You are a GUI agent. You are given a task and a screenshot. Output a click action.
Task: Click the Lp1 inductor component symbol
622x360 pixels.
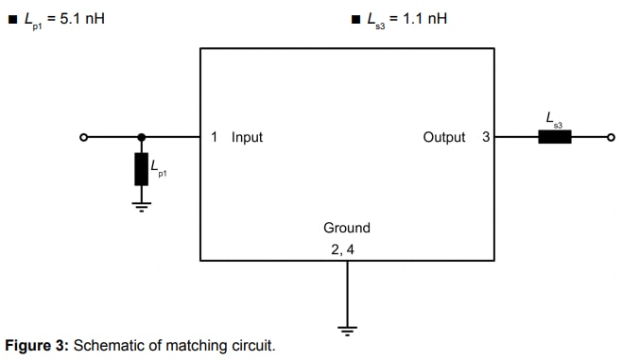coord(142,169)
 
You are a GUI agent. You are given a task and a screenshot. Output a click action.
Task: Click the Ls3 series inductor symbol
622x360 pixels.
coord(555,137)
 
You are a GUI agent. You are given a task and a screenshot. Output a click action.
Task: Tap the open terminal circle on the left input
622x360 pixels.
coord(83,137)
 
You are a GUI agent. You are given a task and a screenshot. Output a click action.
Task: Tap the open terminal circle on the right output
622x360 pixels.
coord(610,137)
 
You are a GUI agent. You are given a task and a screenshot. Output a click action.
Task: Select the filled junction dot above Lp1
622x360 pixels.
coord(142,137)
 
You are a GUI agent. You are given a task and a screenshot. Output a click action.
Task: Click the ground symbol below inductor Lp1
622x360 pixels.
coord(142,206)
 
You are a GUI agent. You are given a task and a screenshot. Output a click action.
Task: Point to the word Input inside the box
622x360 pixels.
coord(247,137)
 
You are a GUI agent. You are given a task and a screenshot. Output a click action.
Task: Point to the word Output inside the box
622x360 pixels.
coord(444,137)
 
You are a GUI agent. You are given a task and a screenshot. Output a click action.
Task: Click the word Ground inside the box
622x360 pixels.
coord(347,228)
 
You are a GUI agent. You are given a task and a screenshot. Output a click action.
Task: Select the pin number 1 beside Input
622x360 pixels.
coord(215,137)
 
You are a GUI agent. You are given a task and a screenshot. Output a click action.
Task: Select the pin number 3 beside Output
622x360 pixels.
coord(486,137)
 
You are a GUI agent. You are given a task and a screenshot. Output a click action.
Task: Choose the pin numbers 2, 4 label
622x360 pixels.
coord(342,249)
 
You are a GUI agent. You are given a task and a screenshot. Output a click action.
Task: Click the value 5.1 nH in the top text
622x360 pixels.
coord(81,17)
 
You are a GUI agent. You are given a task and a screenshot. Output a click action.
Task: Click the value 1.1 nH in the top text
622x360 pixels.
coord(424,17)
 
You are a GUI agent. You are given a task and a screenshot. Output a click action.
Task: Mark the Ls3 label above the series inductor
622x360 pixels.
coord(554,118)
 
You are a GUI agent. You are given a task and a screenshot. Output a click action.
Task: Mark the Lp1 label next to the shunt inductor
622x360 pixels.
coord(157,168)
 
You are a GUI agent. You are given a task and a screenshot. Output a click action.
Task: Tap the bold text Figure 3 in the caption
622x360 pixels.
coord(37,346)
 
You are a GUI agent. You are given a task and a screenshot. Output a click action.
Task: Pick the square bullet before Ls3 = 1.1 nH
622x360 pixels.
coord(354,18)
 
